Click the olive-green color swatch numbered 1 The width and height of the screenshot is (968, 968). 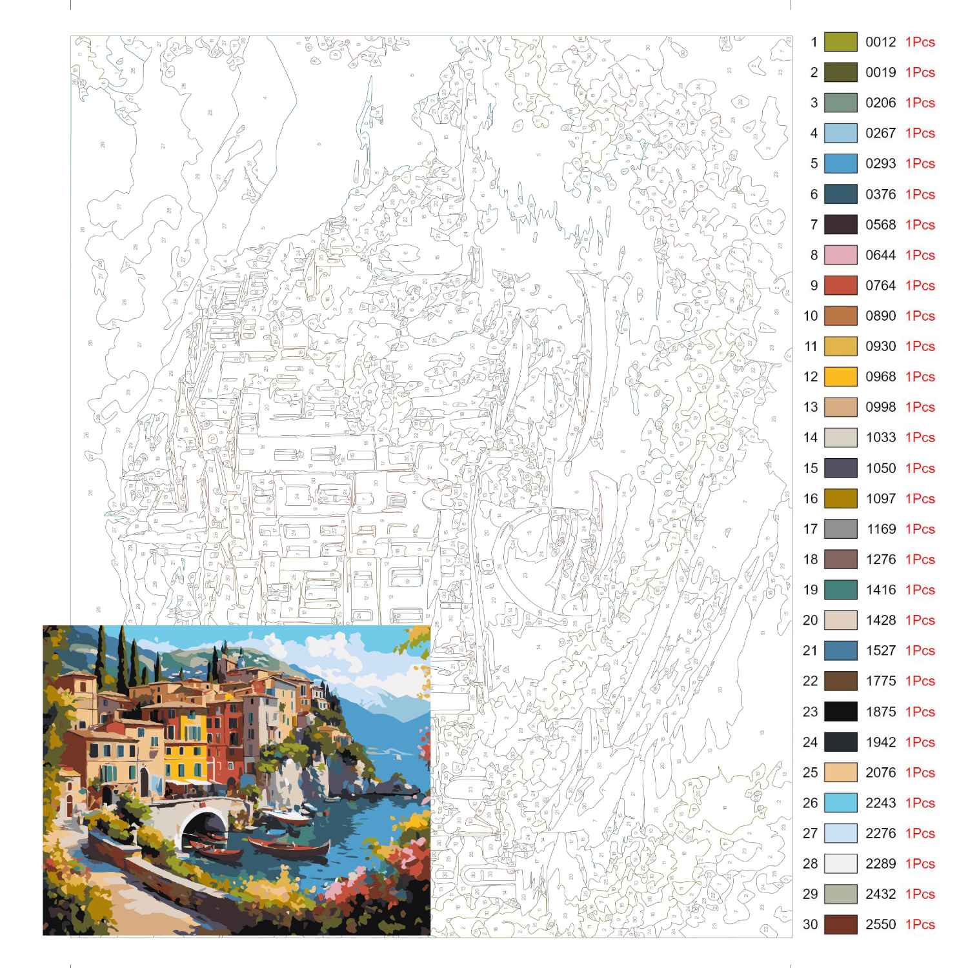tap(840, 42)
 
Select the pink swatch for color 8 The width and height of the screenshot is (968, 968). tap(840, 255)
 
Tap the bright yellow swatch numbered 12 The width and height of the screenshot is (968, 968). tap(840, 377)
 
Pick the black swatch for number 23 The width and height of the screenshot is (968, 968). tap(840, 712)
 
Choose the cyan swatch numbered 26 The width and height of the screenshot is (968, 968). tap(840, 803)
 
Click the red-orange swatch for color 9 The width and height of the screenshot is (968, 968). tap(840, 285)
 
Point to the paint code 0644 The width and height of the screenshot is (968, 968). tap(880, 255)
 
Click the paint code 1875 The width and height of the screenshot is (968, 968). tap(880, 712)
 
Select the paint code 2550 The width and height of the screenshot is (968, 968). tap(880, 924)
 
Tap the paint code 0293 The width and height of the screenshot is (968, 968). tap(880, 164)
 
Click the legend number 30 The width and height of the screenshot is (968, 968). tap(810, 924)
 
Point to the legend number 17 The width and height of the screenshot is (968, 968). tap(810, 529)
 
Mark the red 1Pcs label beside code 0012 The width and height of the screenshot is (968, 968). tap(920, 42)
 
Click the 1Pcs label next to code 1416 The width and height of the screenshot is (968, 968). tap(920, 590)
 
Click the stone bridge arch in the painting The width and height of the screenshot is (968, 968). tap(203, 816)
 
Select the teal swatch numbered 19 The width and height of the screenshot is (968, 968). tap(840, 590)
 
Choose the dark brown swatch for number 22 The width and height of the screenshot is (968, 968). tap(840, 681)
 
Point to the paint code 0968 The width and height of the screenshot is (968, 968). tap(880, 377)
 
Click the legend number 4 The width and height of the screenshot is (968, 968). tap(814, 134)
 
